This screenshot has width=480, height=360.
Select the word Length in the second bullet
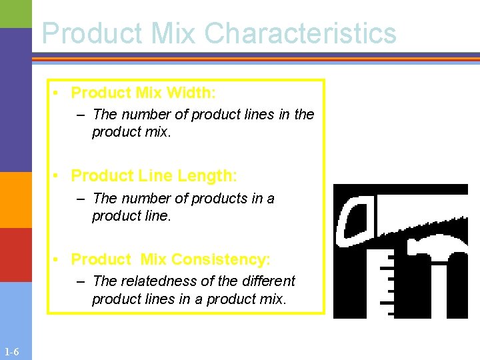205,176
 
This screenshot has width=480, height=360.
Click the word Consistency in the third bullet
221,259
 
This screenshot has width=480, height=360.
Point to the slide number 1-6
11,352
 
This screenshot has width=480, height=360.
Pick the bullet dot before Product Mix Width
59,93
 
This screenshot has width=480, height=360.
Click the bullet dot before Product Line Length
59,177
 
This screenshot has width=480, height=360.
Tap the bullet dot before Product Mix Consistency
59,259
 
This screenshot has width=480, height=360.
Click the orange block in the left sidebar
15,200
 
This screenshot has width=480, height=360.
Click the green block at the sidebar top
15,13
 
